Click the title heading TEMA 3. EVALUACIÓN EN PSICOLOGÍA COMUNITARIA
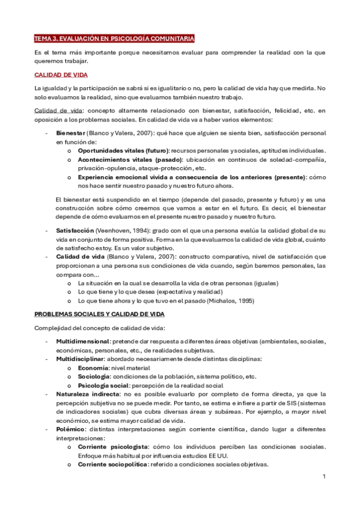point(114,38)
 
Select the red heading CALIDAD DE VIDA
point(61,75)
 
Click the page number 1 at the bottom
point(323,477)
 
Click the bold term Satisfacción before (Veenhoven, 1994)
point(75,230)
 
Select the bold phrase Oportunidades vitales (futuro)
point(123,150)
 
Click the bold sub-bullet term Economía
point(93,367)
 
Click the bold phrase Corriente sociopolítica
point(115,464)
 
